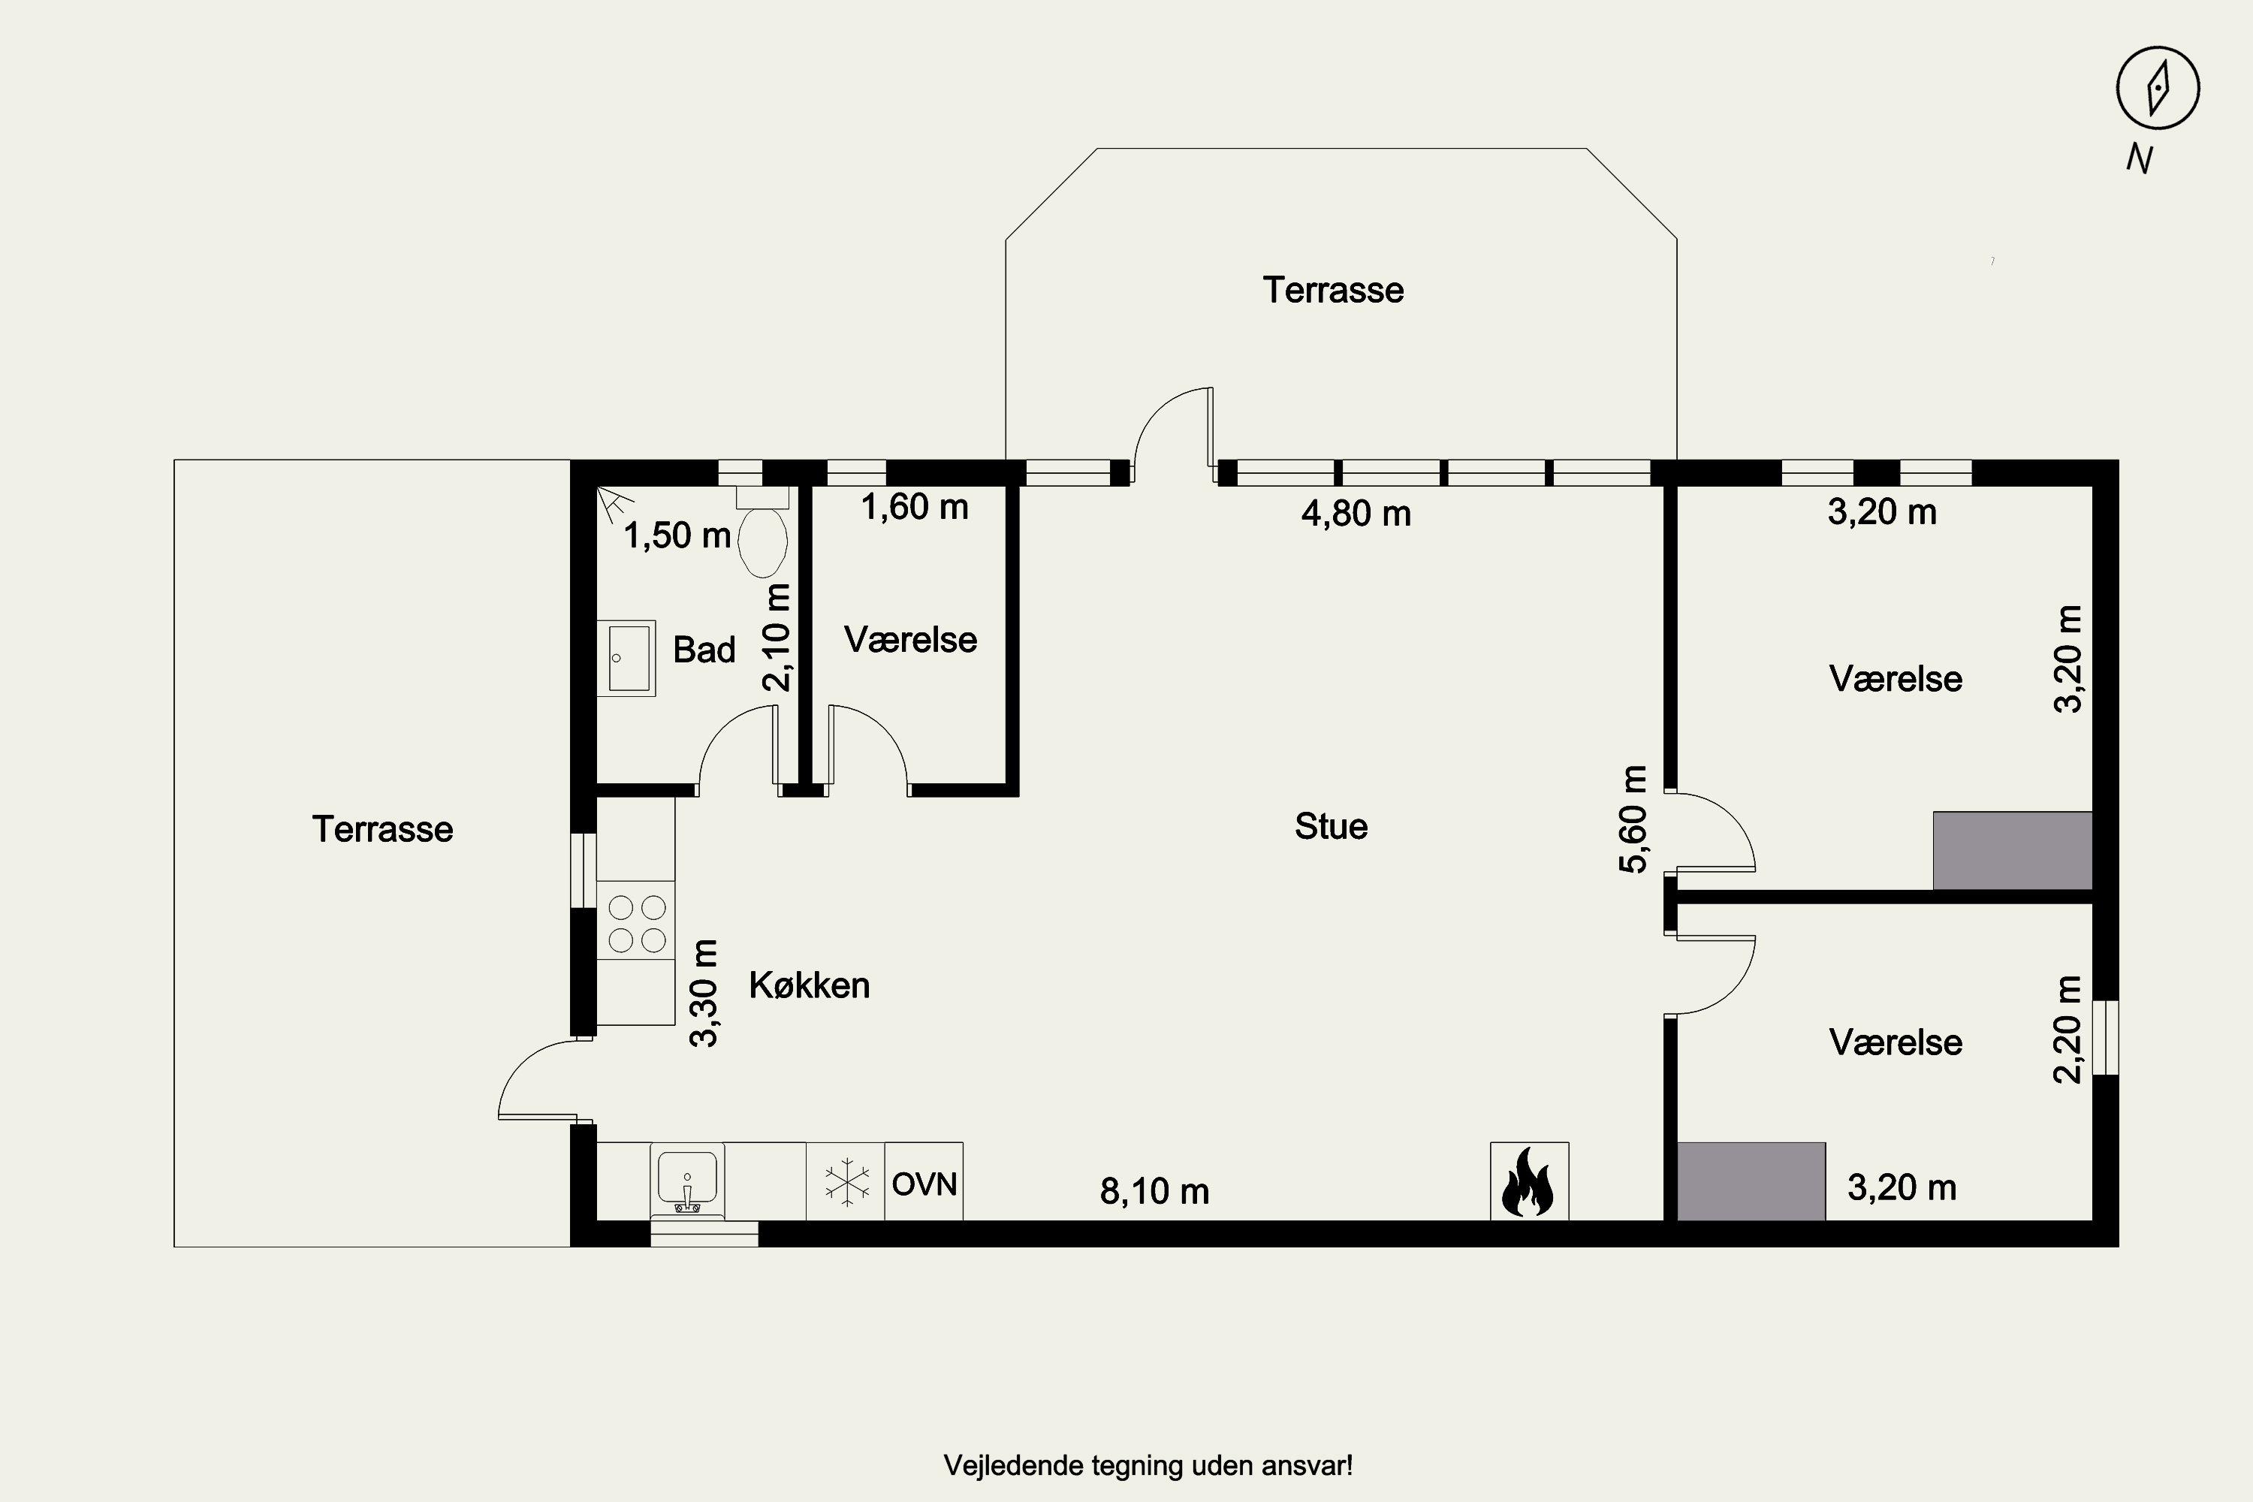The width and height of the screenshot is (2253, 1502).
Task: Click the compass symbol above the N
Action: (x=2157, y=88)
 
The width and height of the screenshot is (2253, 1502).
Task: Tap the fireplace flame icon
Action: (x=1529, y=1181)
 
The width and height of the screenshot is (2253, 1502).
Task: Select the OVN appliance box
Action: (x=924, y=1181)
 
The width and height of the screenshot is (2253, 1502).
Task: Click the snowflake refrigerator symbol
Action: (x=846, y=1181)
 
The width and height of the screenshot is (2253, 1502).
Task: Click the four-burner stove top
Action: (x=636, y=924)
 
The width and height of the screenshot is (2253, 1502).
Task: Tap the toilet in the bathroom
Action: (x=762, y=532)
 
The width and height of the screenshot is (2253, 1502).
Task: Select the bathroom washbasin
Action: (x=626, y=658)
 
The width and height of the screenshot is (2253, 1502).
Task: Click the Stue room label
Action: (x=1332, y=825)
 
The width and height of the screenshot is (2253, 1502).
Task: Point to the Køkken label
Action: (x=810, y=985)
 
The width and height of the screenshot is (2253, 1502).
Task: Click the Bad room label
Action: (x=704, y=650)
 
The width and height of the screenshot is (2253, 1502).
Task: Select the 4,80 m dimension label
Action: (x=1356, y=514)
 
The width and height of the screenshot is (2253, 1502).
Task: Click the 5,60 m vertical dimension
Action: (x=1633, y=819)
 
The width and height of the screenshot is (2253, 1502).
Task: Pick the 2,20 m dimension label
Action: (x=2068, y=1030)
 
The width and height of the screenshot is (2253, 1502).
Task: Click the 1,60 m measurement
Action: (x=915, y=507)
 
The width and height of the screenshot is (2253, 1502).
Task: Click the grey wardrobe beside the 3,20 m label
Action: (x=1751, y=1181)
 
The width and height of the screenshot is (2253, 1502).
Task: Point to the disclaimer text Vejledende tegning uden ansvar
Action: (x=1148, y=1466)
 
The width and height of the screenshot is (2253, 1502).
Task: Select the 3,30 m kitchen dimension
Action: (x=705, y=994)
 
